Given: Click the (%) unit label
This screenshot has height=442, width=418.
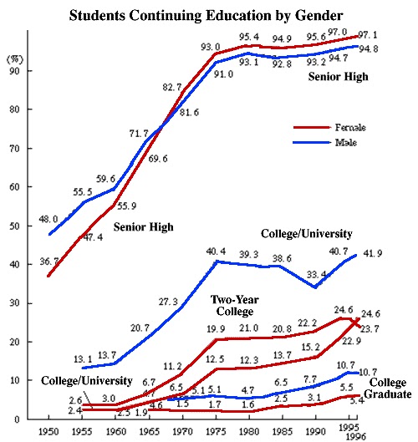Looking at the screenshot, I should pyautogui.click(x=16, y=59).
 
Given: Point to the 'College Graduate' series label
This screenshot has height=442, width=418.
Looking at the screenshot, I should pyautogui.click(x=388, y=389).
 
